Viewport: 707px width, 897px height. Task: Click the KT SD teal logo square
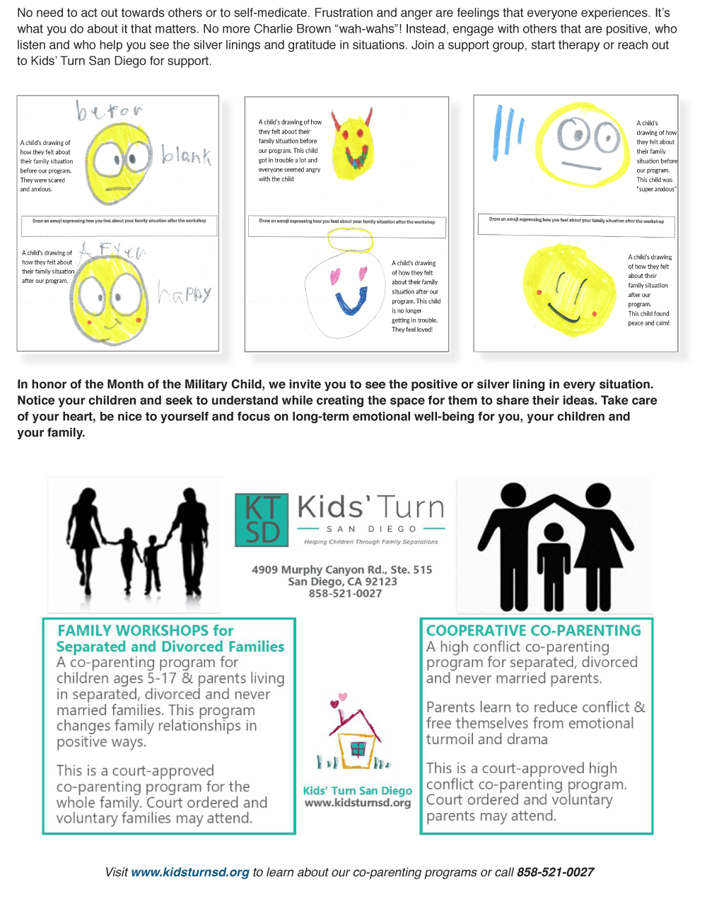[262, 520]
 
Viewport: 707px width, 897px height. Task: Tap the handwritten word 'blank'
[186, 155]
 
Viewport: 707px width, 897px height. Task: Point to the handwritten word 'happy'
[185, 292]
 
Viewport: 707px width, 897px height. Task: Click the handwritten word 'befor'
[110, 111]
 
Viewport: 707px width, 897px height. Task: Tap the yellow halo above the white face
[350, 241]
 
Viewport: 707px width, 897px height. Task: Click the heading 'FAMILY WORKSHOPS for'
[146, 630]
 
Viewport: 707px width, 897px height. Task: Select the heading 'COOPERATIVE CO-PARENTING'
[534, 630]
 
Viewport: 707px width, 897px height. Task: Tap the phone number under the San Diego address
[345, 594]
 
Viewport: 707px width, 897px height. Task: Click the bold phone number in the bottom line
[555, 872]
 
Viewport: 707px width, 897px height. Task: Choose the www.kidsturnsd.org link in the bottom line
[190, 872]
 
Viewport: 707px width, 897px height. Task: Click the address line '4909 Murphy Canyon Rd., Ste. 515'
[342, 569]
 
